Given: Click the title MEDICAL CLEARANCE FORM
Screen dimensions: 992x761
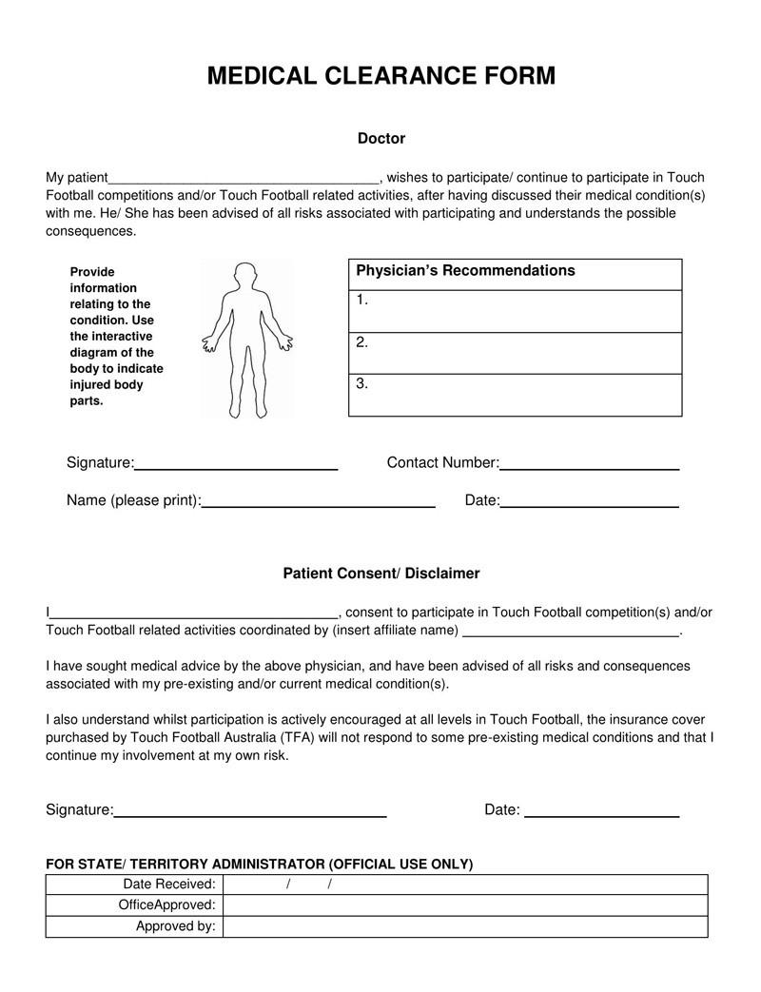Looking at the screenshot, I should tap(380, 76).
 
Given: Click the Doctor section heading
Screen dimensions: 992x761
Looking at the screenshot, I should tap(380, 139).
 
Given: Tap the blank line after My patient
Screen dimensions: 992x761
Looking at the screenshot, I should tap(244, 179).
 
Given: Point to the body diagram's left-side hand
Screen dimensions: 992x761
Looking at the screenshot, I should tap(209, 345).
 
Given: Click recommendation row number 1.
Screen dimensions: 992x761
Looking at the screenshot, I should tap(515, 311).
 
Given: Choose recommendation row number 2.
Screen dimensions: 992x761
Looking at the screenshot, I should tap(515, 353).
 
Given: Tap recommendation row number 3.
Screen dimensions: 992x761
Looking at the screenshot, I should tap(515, 395).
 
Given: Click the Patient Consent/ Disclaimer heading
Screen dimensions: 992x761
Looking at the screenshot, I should tap(380, 574).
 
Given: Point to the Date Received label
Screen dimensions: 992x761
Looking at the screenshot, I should tap(169, 885).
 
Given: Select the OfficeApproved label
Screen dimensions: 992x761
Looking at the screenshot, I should tap(166, 905).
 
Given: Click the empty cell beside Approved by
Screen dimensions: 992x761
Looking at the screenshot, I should tap(465, 926).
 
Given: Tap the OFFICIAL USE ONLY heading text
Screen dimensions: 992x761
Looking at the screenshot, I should tap(260, 864).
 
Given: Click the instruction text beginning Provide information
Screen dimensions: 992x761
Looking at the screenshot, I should tap(116, 336).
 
